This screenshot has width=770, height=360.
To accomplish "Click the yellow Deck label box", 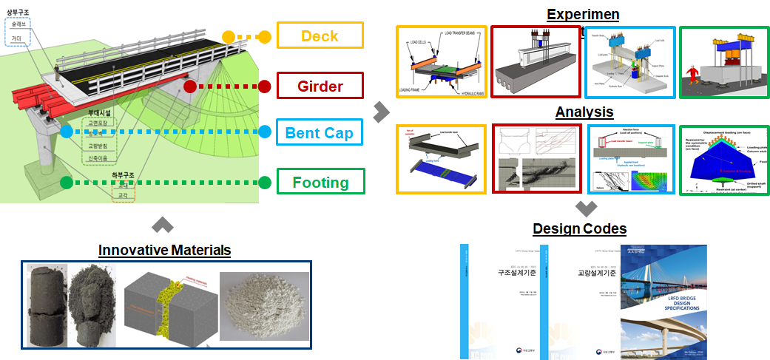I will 320,35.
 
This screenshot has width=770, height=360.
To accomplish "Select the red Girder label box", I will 320,86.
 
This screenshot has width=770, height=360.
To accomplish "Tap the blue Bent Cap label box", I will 320,133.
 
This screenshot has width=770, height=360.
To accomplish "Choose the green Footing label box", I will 320,181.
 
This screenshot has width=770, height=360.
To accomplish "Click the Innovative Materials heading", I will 165,250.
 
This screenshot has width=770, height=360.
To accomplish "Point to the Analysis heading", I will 585,112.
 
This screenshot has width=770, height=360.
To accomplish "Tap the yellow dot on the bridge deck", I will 229,36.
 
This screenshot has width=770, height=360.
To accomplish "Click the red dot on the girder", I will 190,86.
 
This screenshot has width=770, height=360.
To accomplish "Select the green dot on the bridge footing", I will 67,182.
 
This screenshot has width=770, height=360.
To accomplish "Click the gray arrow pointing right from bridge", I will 381,112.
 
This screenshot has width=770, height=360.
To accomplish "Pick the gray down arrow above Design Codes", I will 585,208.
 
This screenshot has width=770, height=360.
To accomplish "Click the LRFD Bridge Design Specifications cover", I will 663,302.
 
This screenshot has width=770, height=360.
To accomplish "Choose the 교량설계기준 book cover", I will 586,302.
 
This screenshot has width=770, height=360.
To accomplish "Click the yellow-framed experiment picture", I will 441,62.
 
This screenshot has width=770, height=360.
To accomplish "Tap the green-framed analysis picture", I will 722,160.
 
